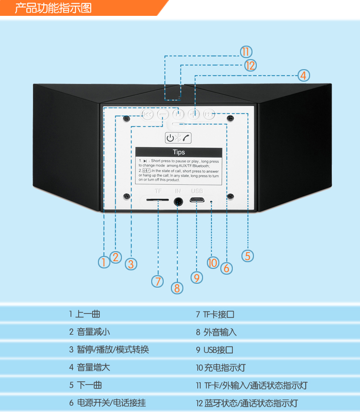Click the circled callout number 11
pyautogui.click(x=246, y=52)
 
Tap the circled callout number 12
pyautogui.click(x=250, y=65)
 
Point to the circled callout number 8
pyautogui.click(x=177, y=288)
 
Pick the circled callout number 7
pyautogui.click(x=157, y=281)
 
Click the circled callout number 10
pyautogui.click(x=213, y=263)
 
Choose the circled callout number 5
pyautogui.click(x=248, y=255)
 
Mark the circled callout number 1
pyautogui.click(x=104, y=262)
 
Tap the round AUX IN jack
pyautogui.click(x=178, y=202)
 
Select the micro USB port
pyautogui.click(x=197, y=200)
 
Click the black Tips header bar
pyautogui.click(x=178, y=152)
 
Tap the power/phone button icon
pyautogui.click(x=178, y=138)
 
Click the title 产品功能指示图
pyautogui.click(x=53, y=8)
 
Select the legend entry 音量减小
pyautogui.click(x=93, y=332)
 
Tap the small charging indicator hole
pyautogui.click(x=211, y=201)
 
